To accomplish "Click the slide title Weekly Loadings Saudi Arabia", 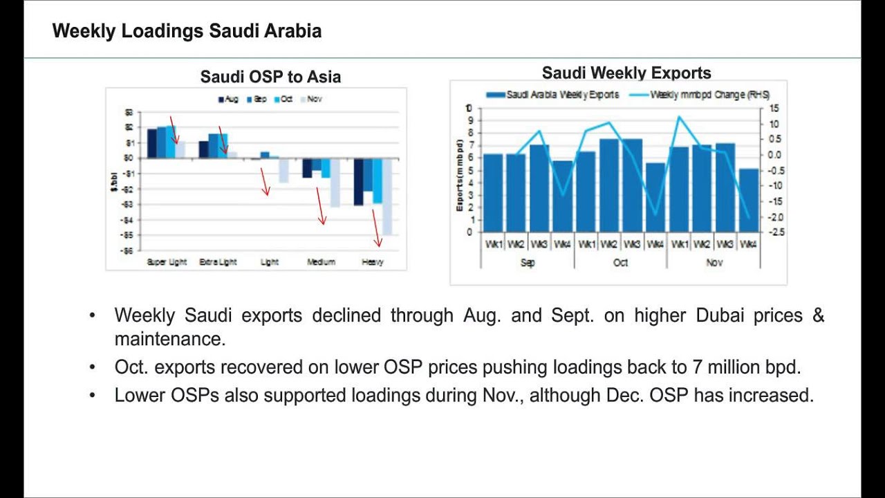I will (x=187, y=31).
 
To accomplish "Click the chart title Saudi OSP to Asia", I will (x=270, y=77).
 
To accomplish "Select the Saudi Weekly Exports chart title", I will (x=626, y=73).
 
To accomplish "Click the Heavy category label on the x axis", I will (x=373, y=262).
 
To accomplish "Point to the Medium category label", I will (x=321, y=262).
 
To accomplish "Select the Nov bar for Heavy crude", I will (x=387, y=196).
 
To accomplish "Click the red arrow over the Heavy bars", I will (x=376, y=228).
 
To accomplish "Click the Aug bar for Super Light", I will (x=152, y=143).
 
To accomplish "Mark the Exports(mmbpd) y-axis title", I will (x=460, y=175).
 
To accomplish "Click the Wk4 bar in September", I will (x=563, y=196).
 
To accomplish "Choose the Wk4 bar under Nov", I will (x=748, y=201).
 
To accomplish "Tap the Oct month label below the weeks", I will (x=620, y=263).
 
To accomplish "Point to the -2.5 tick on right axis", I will (x=776, y=232).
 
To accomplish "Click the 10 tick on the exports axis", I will (x=469, y=109).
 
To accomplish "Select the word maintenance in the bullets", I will (x=168, y=340).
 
